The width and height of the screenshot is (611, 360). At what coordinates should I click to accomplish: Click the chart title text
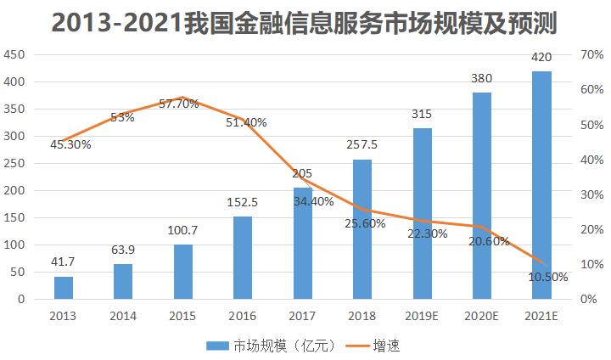[x=305, y=23]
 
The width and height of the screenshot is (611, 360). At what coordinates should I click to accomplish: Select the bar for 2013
[x=64, y=288]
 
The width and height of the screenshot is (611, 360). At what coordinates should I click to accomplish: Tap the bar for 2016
[x=243, y=257]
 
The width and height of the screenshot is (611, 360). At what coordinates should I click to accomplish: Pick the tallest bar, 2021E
[x=541, y=185]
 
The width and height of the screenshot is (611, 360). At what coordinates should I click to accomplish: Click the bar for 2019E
[x=423, y=214]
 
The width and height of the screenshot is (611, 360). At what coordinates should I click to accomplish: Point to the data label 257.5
[x=362, y=145]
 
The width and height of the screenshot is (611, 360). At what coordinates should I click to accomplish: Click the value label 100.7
[x=183, y=231]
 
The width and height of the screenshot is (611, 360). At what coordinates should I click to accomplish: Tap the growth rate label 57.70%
[x=178, y=104]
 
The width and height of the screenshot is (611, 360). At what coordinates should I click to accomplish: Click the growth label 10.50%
[x=547, y=277]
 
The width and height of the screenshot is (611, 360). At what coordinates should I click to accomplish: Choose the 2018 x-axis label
[x=362, y=316]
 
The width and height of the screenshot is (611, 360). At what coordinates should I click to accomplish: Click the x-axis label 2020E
[x=482, y=316]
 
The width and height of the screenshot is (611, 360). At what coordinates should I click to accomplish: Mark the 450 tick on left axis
[x=17, y=54]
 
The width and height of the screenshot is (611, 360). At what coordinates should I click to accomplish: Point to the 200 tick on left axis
[x=17, y=191]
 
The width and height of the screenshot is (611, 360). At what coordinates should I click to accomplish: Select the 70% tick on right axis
[x=591, y=54]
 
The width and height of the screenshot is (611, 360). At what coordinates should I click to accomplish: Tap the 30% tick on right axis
[x=591, y=194]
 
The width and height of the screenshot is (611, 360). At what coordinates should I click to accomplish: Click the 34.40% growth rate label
[x=314, y=202]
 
